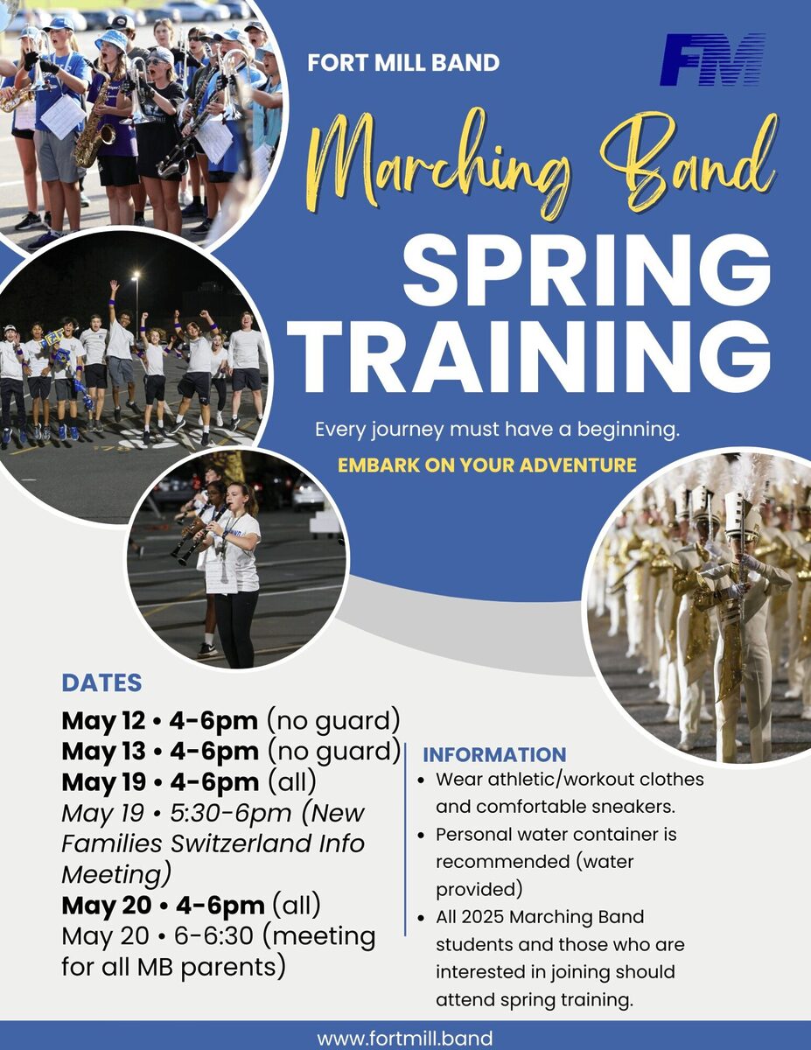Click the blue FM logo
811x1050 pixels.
[x=713, y=59]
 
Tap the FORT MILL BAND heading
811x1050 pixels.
[x=403, y=63]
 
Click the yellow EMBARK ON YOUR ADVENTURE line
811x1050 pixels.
[x=487, y=465]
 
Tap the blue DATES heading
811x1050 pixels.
[x=101, y=682]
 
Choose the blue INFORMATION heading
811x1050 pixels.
[x=494, y=755]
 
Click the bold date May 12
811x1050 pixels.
[x=103, y=721]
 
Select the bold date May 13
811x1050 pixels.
[x=103, y=752]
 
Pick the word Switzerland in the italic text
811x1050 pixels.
[x=241, y=843]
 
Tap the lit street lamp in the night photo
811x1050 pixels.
[x=136, y=275]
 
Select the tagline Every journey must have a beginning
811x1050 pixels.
[x=497, y=430]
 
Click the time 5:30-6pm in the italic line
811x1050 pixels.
[x=231, y=814]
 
